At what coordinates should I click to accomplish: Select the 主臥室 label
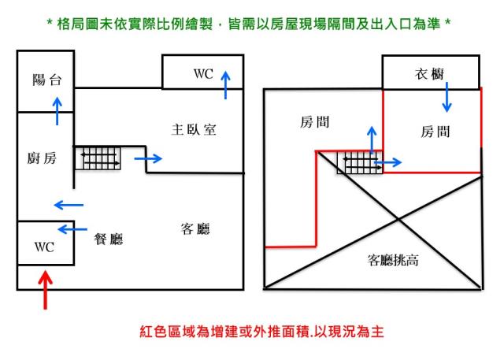194,129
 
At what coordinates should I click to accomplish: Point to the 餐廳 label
108,238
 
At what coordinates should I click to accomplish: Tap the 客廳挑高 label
393,259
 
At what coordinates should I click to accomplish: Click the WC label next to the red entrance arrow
44,247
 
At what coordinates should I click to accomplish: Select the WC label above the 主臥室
203,74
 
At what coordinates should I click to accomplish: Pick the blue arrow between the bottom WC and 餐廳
73,229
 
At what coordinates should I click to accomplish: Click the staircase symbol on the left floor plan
98,158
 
